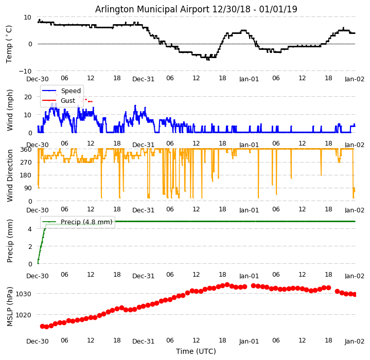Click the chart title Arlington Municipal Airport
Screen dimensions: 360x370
coord(196,9)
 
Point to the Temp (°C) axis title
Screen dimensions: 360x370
coord(10,44)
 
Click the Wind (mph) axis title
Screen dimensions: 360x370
coord(10,110)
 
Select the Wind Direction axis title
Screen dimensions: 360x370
coord(10,175)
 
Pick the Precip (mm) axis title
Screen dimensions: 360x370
coord(10,241)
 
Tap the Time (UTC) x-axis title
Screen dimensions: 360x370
coord(196,351)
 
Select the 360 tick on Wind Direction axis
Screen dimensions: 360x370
coord(26,149)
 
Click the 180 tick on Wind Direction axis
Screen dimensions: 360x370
coord(26,175)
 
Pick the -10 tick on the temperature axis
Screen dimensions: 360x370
coord(26,71)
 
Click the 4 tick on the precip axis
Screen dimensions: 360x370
coord(30,229)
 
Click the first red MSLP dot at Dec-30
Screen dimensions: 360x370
coord(42,326)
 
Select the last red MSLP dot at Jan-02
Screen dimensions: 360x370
coord(355,294)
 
